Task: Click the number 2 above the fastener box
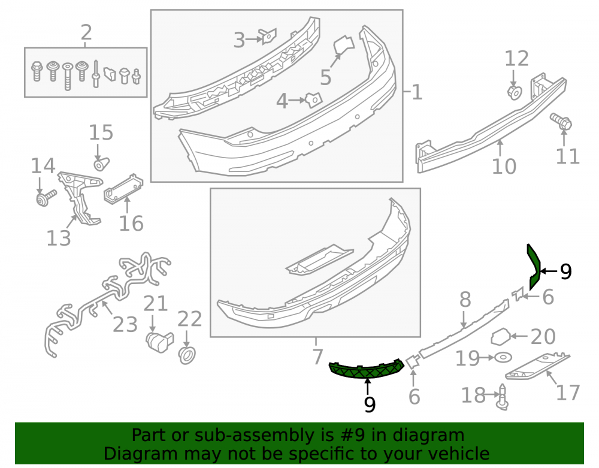pyautogui.click(x=86, y=32)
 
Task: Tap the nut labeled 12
pyautogui.click(x=515, y=92)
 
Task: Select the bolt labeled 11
pyautogui.click(x=561, y=121)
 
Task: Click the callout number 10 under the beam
pyautogui.click(x=504, y=166)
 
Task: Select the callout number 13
pyautogui.click(x=59, y=238)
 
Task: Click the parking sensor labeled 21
pyautogui.click(x=159, y=341)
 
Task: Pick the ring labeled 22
pyautogui.click(x=187, y=355)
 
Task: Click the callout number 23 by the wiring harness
pyautogui.click(x=125, y=324)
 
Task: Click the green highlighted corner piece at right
pyautogui.click(x=534, y=266)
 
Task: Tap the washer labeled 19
pyautogui.click(x=504, y=358)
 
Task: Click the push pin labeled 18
pyautogui.click(x=503, y=398)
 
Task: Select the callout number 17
pyautogui.click(x=568, y=392)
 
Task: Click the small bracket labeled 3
pyautogui.click(x=268, y=37)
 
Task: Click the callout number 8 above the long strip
pyautogui.click(x=465, y=300)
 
